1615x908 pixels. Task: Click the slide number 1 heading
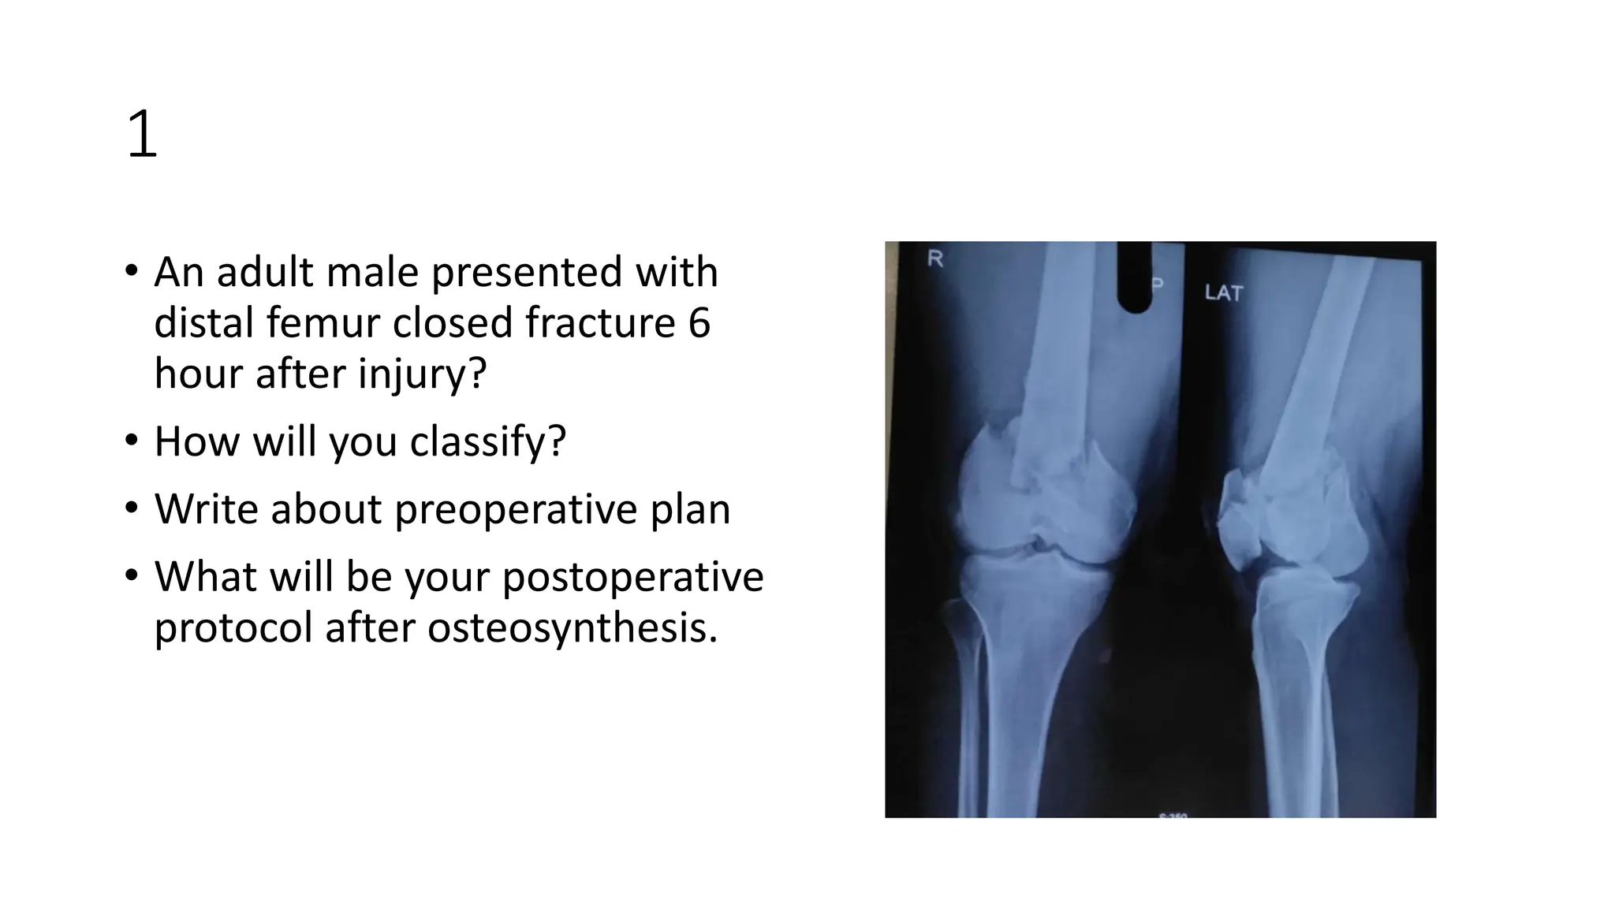[142, 135]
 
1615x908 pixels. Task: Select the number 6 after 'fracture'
[699, 323]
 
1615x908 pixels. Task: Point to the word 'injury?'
[422, 374]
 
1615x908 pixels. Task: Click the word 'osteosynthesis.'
[573, 628]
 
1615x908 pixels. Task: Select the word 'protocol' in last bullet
[233, 628]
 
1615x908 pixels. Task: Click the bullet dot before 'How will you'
[131, 440]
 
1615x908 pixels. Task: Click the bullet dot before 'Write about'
[131, 508]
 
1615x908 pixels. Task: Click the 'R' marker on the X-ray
[935, 259]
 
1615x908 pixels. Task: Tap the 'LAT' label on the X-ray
[1223, 293]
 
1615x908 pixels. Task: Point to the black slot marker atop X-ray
[1135, 276]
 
